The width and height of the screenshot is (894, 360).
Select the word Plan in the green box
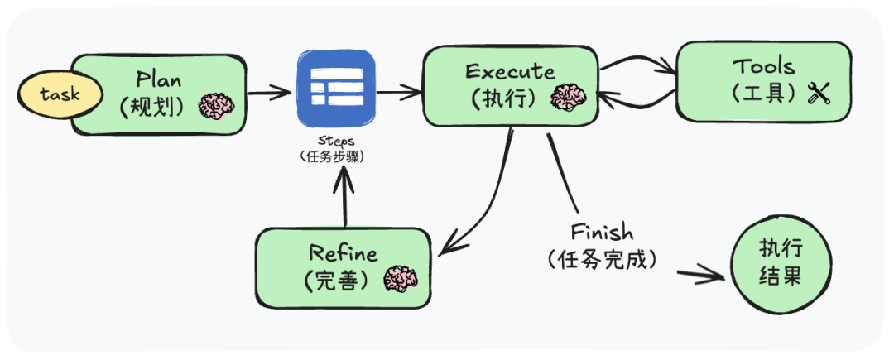pos(160,80)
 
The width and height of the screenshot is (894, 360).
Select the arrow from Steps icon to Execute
pos(397,92)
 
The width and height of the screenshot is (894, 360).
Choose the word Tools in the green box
pos(762,66)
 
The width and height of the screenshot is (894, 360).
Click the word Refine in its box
pos(343,253)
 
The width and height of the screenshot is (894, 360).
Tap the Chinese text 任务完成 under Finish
pos(602,259)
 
